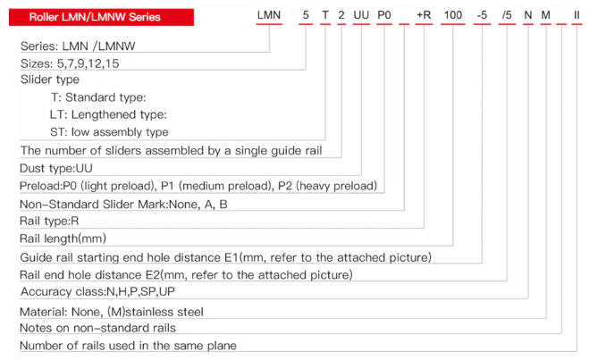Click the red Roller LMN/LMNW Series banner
[x=101, y=17]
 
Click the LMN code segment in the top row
[x=269, y=15]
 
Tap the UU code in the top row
[x=361, y=15]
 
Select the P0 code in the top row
[x=384, y=15]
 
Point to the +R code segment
[x=424, y=15]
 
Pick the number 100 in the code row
[x=453, y=15]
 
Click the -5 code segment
[x=482, y=15]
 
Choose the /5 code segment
[x=507, y=15]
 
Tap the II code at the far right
[x=576, y=15]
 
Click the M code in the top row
[x=546, y=15]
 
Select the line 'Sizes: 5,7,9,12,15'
[x=70, y=63]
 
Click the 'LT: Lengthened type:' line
[x=108, y=114]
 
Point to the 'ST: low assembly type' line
[x=109, y=132]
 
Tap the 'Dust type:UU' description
[x=56, y=168]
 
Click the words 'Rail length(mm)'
[x=63, y=239]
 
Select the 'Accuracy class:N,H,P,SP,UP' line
[x=97, y=292]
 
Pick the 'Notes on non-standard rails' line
[x=97, y=328]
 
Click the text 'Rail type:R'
[x=49, y=221]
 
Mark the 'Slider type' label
[x=50, y=80]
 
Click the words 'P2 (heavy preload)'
[x=327, y=186]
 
